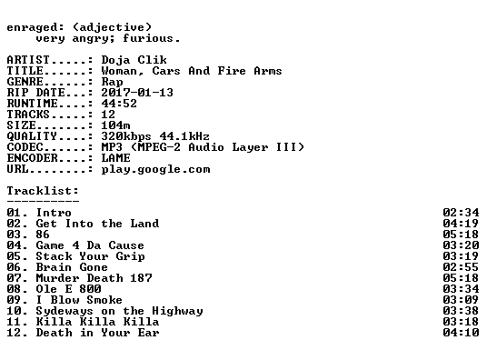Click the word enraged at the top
32,28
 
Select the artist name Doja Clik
134,60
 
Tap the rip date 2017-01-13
137,93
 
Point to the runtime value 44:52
119,104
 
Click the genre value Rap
112,82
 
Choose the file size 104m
115,125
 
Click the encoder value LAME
115,158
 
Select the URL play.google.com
155,169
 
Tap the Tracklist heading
43,191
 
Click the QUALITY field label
32,136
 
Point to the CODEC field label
25,147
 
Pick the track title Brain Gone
72,267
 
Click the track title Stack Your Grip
90,256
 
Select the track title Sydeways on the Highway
119,311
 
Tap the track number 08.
14,289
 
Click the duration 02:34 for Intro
461,213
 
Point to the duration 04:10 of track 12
461,333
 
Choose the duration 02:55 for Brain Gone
461,267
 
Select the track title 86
43,235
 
